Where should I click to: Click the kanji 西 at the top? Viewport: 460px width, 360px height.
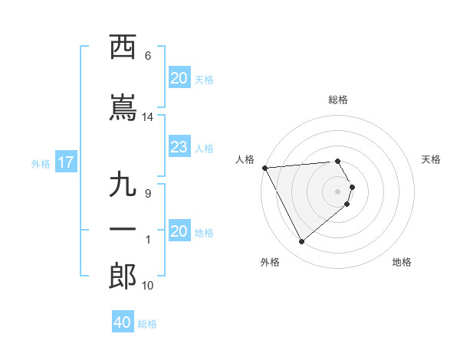(x=122, y=47)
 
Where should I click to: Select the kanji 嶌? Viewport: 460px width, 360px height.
(x=122, y=108)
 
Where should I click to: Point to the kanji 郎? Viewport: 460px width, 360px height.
(x=122, y=277)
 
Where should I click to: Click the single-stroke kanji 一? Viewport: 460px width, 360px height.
(x=122, y=231)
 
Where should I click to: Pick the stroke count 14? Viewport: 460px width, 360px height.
(x=148, y=117)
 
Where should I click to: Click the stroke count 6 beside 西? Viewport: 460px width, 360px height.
(x=148, y=56)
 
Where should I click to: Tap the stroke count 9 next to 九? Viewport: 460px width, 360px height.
(x=148, y=194)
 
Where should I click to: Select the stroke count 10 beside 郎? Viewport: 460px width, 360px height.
(x=148, y=286)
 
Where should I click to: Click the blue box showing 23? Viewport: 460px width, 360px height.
(x=179, y=147)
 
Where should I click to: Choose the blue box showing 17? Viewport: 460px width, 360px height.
(x=65, y=162)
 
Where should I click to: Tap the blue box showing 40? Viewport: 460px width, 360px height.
(x=122, y=322)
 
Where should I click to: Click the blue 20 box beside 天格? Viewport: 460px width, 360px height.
(x=179, y=78)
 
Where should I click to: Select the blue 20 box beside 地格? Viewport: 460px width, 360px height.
(x=179, y=231)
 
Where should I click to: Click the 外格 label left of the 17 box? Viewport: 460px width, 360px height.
(x=41, y=163)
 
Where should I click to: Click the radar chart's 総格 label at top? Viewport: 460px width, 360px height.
(x=337, y=100)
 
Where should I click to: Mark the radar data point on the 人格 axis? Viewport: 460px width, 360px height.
(x=264, y=168)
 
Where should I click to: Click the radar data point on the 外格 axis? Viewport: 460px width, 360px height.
(x=301, y=242)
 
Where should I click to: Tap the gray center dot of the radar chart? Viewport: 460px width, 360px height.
(x=337, y=191)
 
